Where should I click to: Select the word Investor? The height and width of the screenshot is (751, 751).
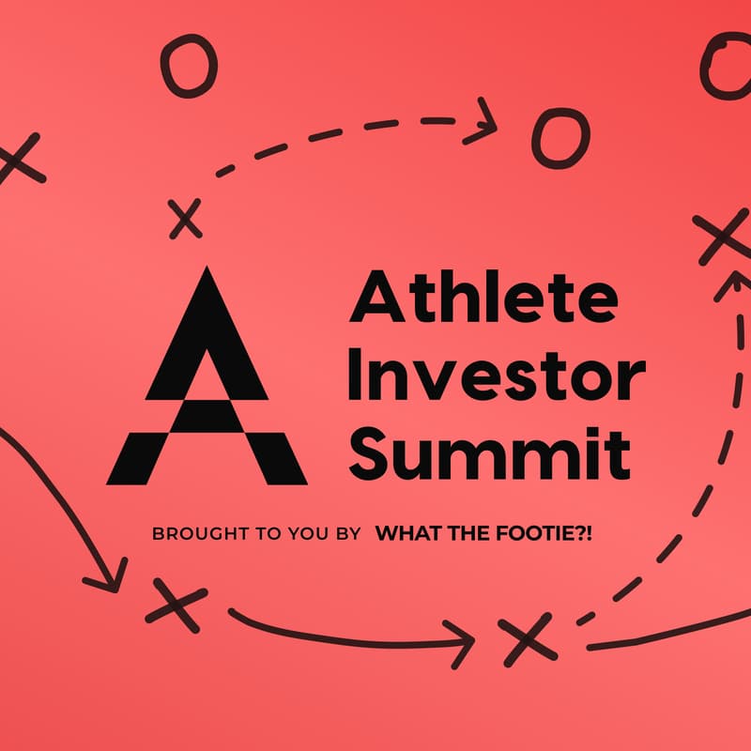(496, 376)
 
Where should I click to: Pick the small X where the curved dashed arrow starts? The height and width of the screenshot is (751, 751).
(186, 219)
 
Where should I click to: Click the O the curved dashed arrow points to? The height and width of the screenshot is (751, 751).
(560, 137)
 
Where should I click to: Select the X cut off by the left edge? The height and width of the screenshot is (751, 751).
(19, 158)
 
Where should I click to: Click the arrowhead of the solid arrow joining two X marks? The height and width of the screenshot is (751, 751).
(462, 642)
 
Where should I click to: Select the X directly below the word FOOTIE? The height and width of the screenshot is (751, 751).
(527, 641)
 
